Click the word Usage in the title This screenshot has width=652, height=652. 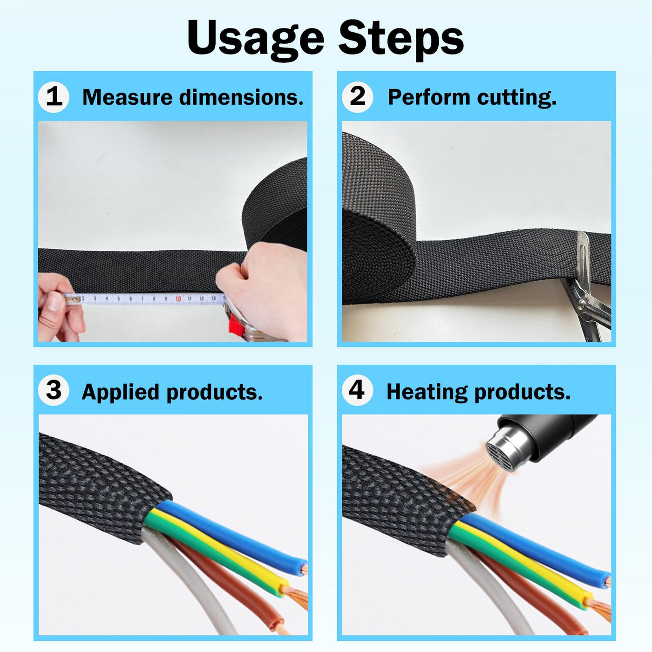coord(256,40)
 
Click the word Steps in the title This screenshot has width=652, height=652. coord(401,40)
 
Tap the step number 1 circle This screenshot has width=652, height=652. coord(54,97)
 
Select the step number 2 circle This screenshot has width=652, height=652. coord(357,97)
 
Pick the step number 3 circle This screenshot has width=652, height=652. coord(54,391)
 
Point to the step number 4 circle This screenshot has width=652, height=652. coord(357,391)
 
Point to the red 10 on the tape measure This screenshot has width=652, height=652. coord(178,299)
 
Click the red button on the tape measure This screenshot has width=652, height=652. coord(237,324)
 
